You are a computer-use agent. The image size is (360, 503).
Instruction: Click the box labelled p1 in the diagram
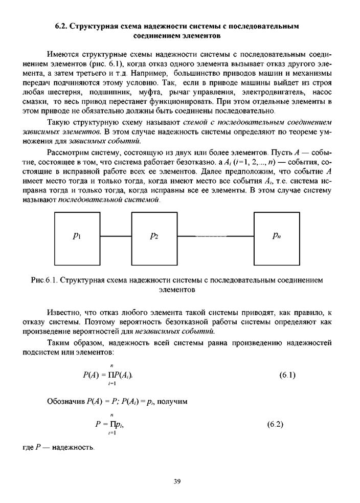[77, 236]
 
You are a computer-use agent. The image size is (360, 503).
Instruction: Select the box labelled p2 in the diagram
[154, 236]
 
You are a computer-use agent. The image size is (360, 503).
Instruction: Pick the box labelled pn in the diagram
[277, 236]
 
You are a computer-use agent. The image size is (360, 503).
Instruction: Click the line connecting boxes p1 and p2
[116, 236]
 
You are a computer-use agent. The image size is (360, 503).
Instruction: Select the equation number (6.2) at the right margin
[276, 424]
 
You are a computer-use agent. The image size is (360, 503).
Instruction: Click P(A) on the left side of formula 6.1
[92, 375]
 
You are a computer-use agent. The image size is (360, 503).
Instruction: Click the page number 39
[177, 481]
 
